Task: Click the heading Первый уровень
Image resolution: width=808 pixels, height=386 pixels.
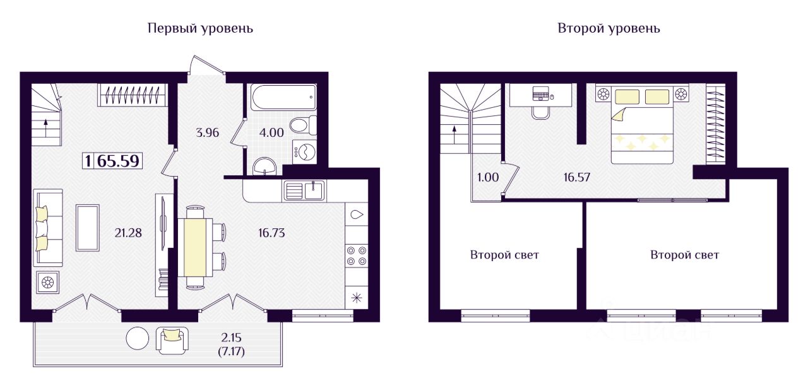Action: (200, 28)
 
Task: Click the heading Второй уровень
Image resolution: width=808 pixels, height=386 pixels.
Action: (609, 28)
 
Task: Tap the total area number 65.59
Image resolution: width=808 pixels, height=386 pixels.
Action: (118, 161)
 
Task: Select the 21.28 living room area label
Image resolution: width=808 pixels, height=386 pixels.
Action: (128, 233)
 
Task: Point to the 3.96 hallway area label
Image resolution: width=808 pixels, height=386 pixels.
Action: (208, 132)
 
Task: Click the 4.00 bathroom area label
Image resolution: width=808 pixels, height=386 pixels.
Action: (271, 132)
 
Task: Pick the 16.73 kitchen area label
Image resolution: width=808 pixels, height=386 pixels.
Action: (271, 233)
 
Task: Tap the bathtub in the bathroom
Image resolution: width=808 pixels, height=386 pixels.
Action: (284, 97)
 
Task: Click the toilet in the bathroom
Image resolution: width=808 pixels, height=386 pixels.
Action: (303, 126)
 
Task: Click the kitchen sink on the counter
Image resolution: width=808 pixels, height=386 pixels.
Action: (304, 190)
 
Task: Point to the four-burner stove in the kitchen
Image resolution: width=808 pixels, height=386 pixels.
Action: (357, 255)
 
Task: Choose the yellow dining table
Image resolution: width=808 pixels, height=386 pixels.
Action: (195, 247)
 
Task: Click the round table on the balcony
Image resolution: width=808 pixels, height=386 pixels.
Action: (138, 338)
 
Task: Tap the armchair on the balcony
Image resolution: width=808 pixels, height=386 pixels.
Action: (172, 340)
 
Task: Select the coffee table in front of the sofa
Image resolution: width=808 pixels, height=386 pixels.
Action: (88, 228)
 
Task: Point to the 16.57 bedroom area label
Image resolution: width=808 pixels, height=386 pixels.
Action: (577, 177)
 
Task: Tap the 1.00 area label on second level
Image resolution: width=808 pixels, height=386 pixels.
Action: (488, 177)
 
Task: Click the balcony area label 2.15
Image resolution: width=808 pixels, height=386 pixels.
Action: (231, 337)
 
